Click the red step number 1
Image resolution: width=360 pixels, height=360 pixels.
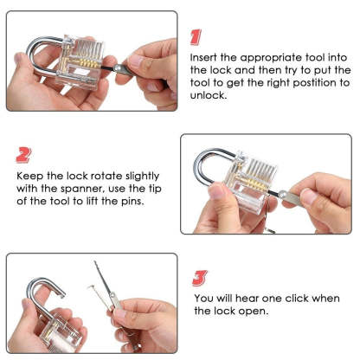[196, 35]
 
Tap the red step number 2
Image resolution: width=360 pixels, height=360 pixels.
[24, 155]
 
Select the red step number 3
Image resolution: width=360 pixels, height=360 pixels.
[199, 278]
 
